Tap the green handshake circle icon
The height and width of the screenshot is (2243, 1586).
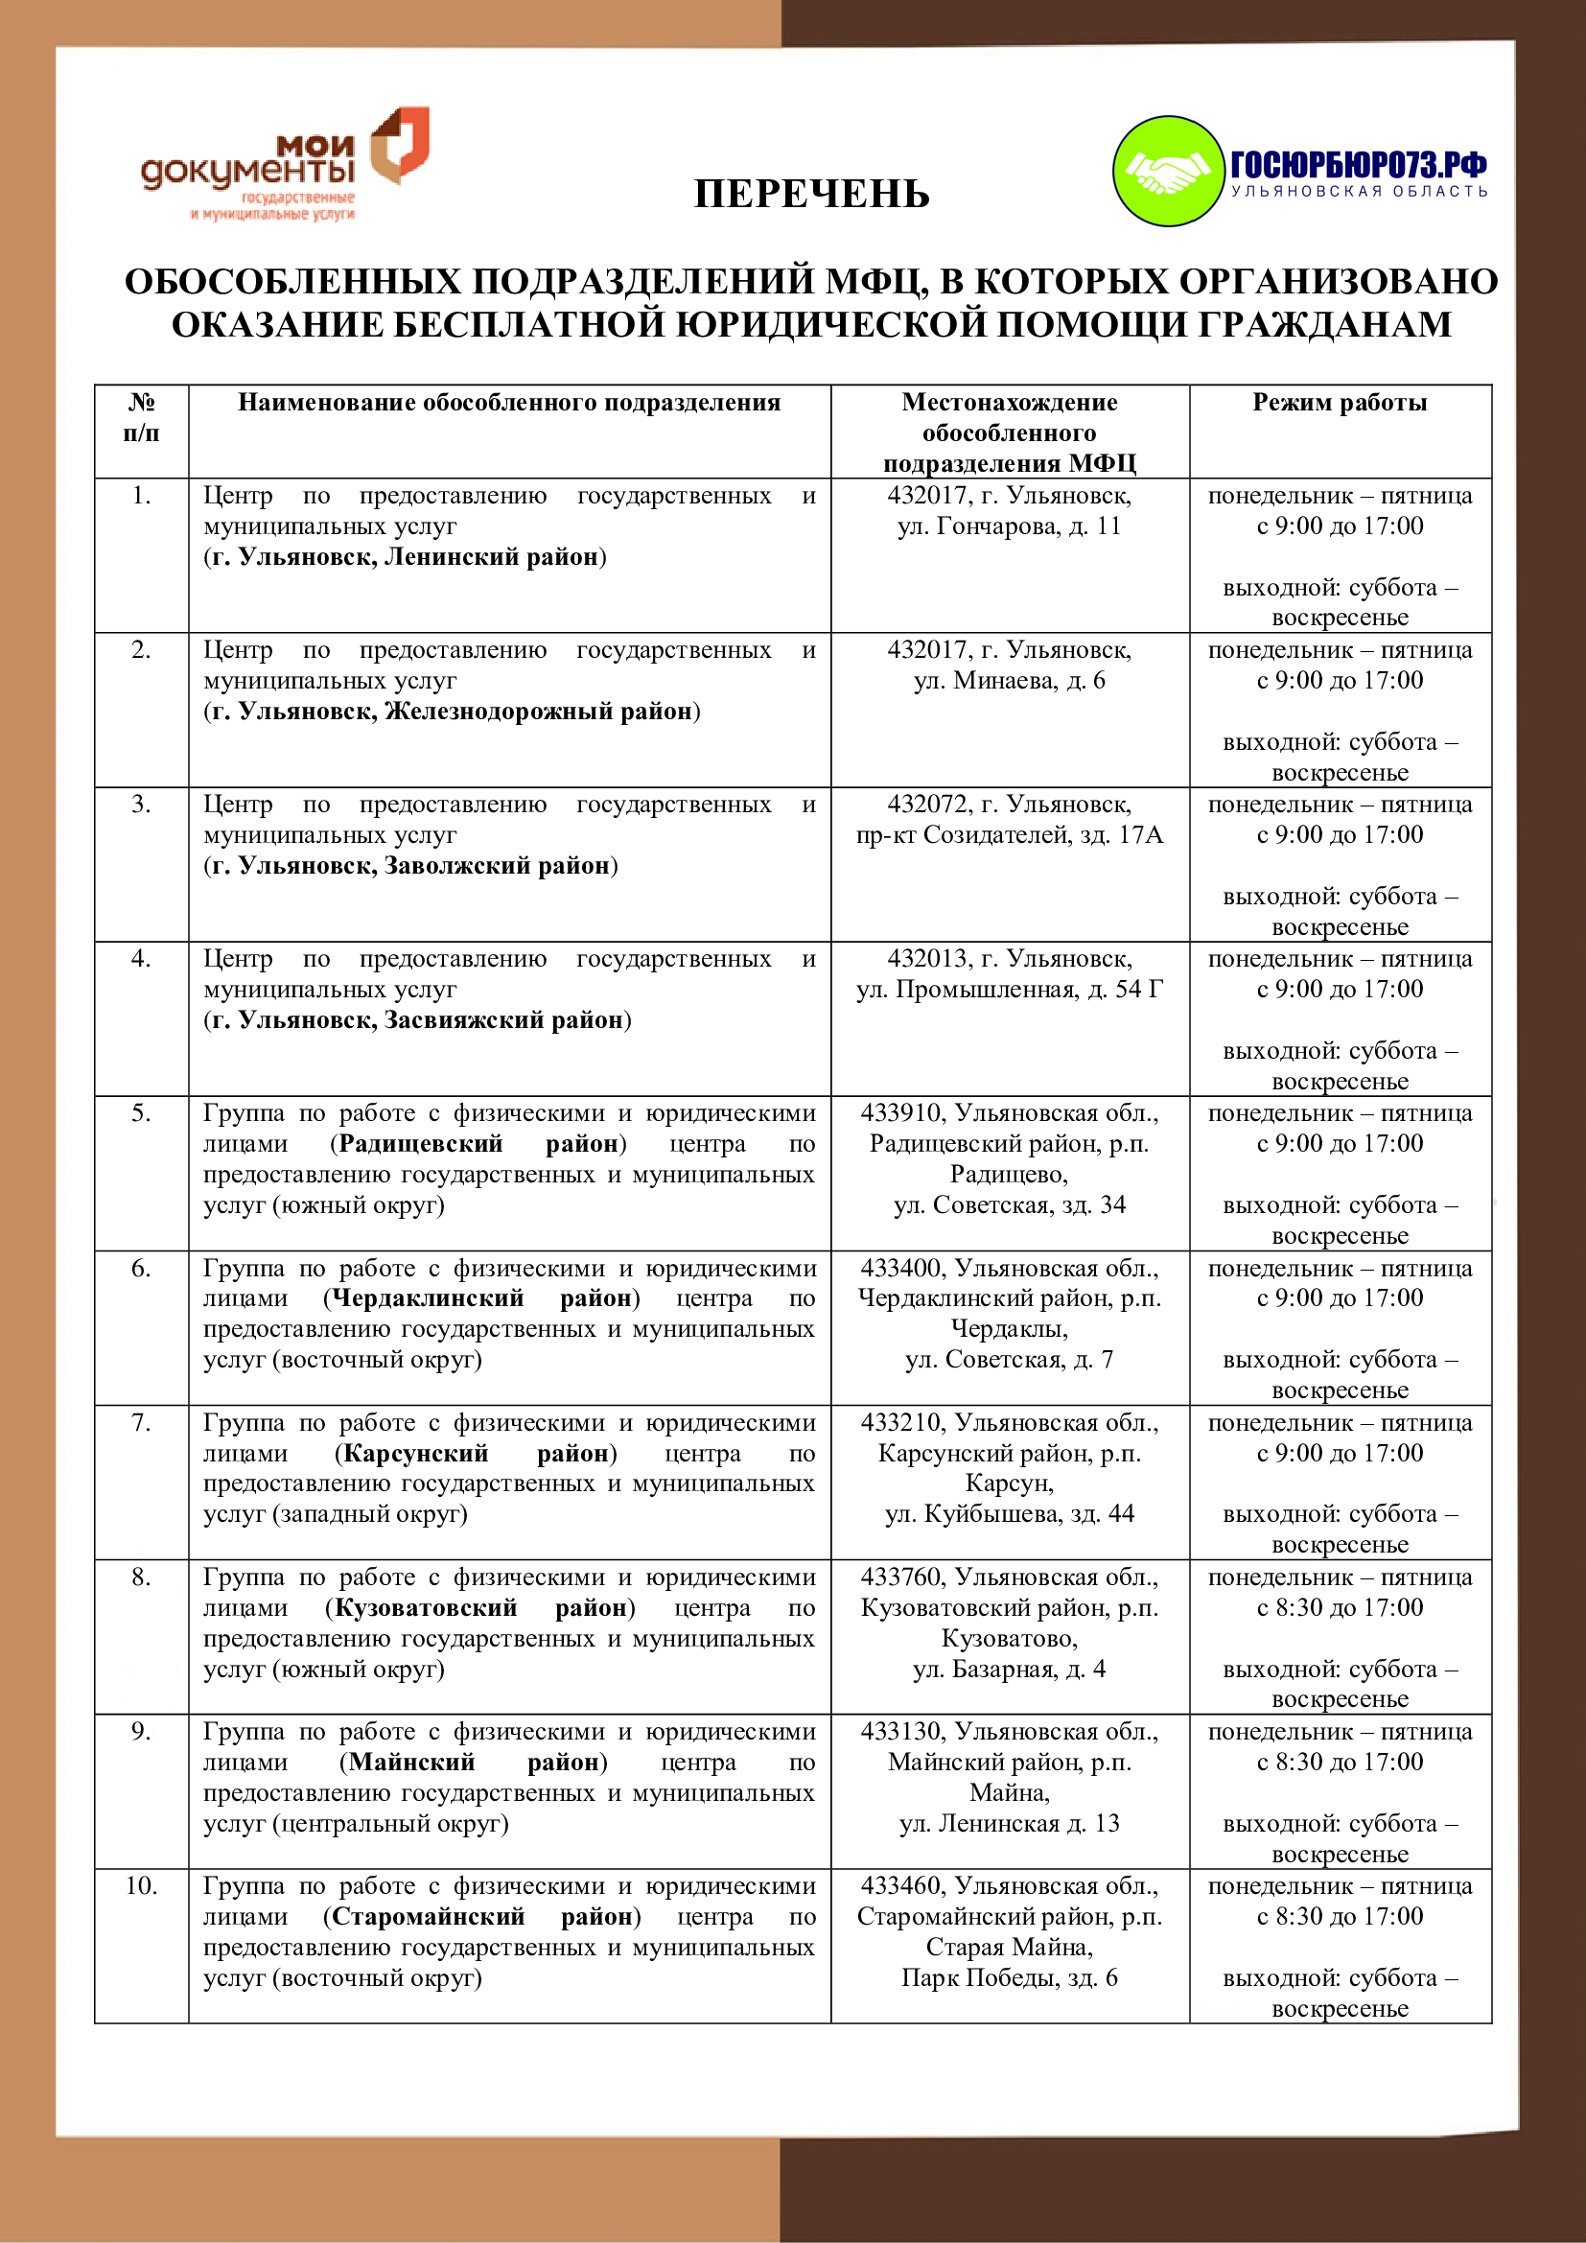pos(1168,171)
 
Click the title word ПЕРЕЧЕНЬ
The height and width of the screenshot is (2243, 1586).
pos(810,195)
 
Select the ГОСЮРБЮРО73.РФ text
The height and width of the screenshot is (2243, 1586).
pos(1358,163)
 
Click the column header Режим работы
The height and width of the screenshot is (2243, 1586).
pos(1339,403)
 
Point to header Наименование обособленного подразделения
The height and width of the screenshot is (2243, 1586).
pos(509,403)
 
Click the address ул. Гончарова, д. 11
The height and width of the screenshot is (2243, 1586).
pos(1009,526)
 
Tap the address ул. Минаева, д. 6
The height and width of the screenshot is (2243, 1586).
pos(1009,681)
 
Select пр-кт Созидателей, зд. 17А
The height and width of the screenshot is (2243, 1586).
pos(1009,835)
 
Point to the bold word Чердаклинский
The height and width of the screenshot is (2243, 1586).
pos(428,1298)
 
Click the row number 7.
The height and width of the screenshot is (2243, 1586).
pos(141,1423)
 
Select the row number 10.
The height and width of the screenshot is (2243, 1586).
pos(141,1886)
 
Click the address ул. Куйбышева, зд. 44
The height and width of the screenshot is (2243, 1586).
pos(1009,1514)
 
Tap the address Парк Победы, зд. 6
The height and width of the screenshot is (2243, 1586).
pos(1009,1978)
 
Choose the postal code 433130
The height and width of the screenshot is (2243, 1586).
pos(901,1732)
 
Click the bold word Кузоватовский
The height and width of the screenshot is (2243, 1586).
pos(426,1608)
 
